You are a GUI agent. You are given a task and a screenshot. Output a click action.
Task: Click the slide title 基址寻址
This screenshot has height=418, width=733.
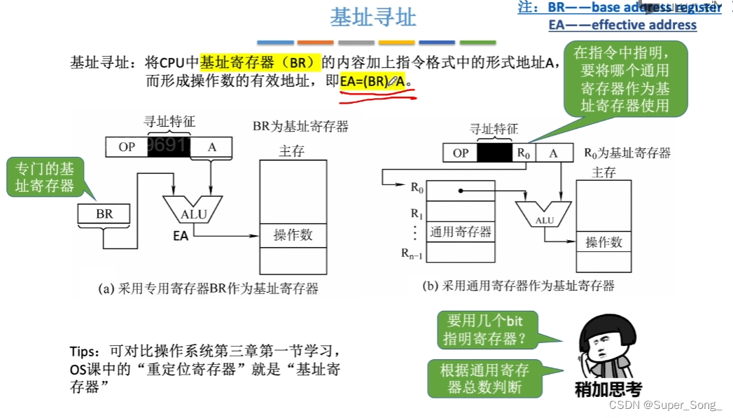pyautogui.click(x=372, y=18)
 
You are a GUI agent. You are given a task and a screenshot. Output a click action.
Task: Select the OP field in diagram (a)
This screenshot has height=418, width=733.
pyautogui.click(x=127, y=147)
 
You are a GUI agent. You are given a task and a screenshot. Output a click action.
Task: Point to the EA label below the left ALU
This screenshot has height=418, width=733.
pyautogui.click(x=181, y=237)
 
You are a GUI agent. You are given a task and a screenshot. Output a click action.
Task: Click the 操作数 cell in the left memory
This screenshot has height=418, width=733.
pyautogui.click(x=293, y=235)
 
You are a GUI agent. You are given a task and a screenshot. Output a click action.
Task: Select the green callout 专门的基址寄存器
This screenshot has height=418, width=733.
pyautogui.click(x=44, y=177)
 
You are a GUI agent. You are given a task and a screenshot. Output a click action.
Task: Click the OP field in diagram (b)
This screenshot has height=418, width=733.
pyautogui.click(x=461, y=153)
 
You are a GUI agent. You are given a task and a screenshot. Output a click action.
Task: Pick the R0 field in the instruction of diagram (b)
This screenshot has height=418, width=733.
pyautogui.click(x=522, y=153)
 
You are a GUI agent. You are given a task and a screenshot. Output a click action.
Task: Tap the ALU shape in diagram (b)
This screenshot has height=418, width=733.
pyautogui.click(x=545, y=215)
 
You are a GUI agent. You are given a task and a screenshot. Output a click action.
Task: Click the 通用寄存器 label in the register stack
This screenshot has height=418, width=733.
pyautogui.click(x=460, y=232)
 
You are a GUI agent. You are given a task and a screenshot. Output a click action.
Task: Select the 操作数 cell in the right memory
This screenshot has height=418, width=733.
pyautogui.click(x=603, y=242)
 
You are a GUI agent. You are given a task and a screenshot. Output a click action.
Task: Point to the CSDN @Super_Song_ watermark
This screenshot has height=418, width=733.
pyautogui.click(x=666, y=405)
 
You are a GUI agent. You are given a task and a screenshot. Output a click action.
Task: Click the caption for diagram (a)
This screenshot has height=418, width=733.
pyautogui.click(x=209, y=288)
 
